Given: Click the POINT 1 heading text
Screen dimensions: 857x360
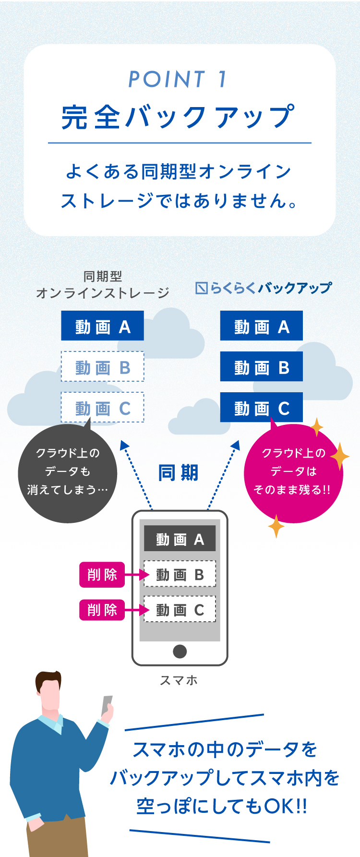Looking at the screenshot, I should click(178, 79).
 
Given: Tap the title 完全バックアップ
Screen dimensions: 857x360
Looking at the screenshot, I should click(178, 117).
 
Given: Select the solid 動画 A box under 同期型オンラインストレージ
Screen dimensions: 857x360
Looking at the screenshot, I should click(102, 326).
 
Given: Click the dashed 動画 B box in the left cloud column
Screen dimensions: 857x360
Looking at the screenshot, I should click(102, 367).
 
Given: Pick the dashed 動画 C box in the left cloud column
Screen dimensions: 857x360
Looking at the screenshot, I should click(102, 408).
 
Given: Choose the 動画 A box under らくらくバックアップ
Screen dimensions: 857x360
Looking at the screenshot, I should click(261, 326).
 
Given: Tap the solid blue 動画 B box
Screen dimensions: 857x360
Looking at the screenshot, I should click(261, 367).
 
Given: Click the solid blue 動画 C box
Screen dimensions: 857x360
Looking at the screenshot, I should click(261, 408).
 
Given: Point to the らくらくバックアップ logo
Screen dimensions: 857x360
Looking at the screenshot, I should click(264, 288).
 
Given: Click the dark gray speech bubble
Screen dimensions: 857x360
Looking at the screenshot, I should click(67, 473).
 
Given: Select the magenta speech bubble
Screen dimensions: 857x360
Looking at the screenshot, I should click(293, 473).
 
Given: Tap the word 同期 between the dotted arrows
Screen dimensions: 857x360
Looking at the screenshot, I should click(178, 473).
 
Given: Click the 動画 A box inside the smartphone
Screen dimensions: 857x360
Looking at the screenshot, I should click(180, 539).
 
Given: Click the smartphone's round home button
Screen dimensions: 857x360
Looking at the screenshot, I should click(180, 652).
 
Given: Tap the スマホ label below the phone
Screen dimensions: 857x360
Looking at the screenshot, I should click(179, 680).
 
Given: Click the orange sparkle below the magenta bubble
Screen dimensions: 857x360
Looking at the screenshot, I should click(276, 526).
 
